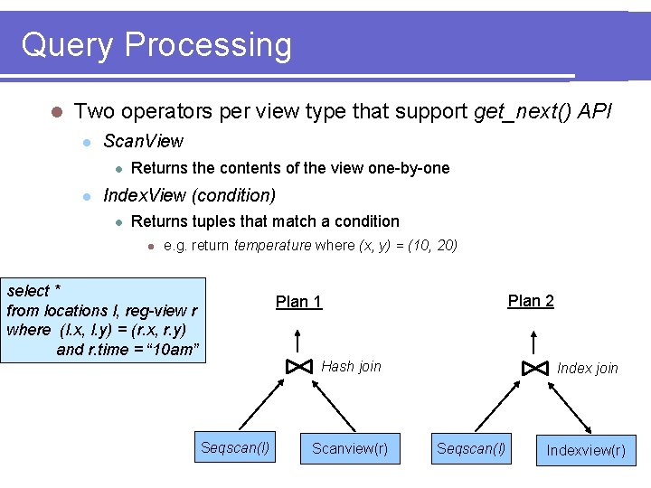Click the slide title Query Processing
coord(156,44)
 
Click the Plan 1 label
coord(298,302)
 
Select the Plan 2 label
coord(531,301)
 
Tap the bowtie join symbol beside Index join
coord(534,368)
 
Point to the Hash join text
coord(351,367)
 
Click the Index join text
coord(587,368)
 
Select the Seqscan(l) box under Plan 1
coord(235,447)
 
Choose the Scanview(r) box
coord(349,448)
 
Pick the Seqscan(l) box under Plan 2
coord(471,448)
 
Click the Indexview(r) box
coord(585,449)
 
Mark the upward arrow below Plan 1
coord(299,341)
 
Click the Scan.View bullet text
coord(143,141)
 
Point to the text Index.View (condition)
coord(189,195)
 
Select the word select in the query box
coord(28,291)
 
